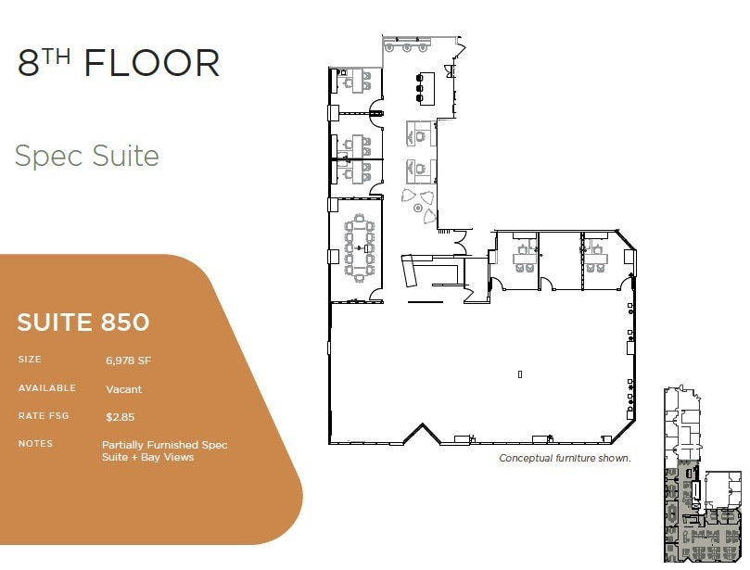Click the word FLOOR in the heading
click(152, 64)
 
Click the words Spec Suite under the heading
click(87, 156)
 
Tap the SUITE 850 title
click(83, 323)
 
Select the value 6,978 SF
click(131, 360)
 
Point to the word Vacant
click(124, 389)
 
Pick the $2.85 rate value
click(121, 417)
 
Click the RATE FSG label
click(44, 416)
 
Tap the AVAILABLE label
click(47, 388)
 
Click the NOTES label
click(35, 444)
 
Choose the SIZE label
click(30, 359)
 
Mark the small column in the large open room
click(520, 374)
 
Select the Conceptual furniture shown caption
click(565, 458)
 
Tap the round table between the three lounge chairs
click(418, 209)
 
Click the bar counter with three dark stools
click(427, 87)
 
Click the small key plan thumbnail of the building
click(703, 475)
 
